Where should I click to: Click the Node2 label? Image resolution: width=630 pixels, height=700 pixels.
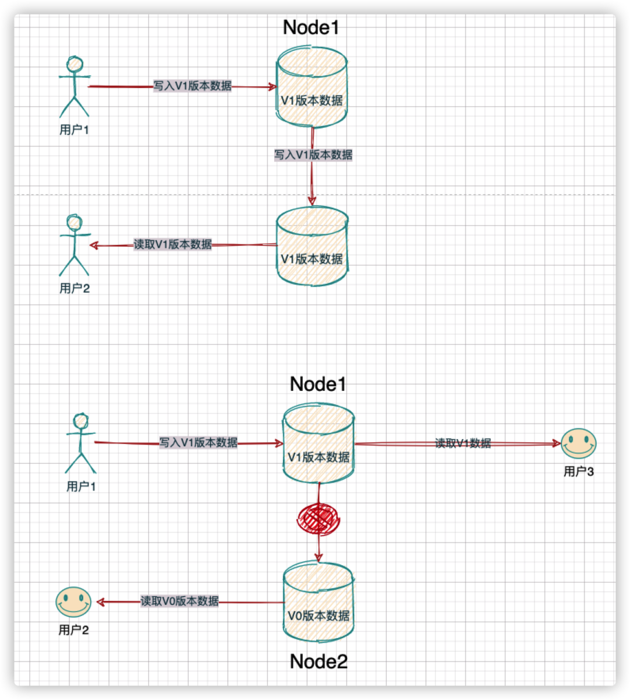click(x=318, y=661)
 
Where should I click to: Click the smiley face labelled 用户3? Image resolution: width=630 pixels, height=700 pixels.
click(x=579, y=443)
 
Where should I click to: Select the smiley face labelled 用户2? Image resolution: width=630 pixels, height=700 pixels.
click(x=73, y=602)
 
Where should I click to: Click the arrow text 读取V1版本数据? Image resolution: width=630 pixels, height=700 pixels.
click(x=173, y=244)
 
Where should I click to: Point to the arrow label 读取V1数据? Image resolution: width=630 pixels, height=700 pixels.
click(x=463, y=443)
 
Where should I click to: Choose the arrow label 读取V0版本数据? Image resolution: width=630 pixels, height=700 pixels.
click(x=180, y=601)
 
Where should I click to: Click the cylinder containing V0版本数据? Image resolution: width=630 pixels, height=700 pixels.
click(x=318, y=601)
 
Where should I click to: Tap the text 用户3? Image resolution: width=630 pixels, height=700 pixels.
click(x=579, y=471)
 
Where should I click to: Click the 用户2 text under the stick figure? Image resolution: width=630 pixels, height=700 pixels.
click(x=75, y=288)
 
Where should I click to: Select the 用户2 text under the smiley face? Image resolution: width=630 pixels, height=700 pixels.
click(x=73, y=630)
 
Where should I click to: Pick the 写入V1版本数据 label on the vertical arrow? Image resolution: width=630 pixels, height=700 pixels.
click(x=313, y=155)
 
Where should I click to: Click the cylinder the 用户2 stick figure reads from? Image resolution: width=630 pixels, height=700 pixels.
click(x=312, y=246)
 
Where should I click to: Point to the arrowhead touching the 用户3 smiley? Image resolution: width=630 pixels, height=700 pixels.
click(x=557, y=444)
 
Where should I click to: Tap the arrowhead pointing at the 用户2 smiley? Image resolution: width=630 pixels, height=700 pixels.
click(x=100, y=601)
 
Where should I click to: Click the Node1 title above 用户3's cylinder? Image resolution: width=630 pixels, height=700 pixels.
click(x=318, y=384)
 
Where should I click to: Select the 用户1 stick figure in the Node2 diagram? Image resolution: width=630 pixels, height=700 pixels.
click(x=80, y=443)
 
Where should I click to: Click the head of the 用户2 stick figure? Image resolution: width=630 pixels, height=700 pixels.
click(x=74, y=223)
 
